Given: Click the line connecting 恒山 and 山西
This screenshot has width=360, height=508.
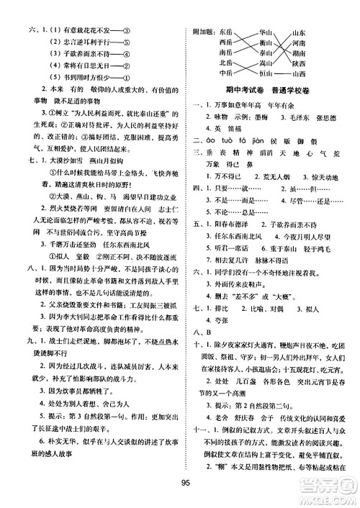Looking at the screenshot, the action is click(284, 73).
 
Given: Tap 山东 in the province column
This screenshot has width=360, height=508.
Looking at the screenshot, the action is click(301, 32).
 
